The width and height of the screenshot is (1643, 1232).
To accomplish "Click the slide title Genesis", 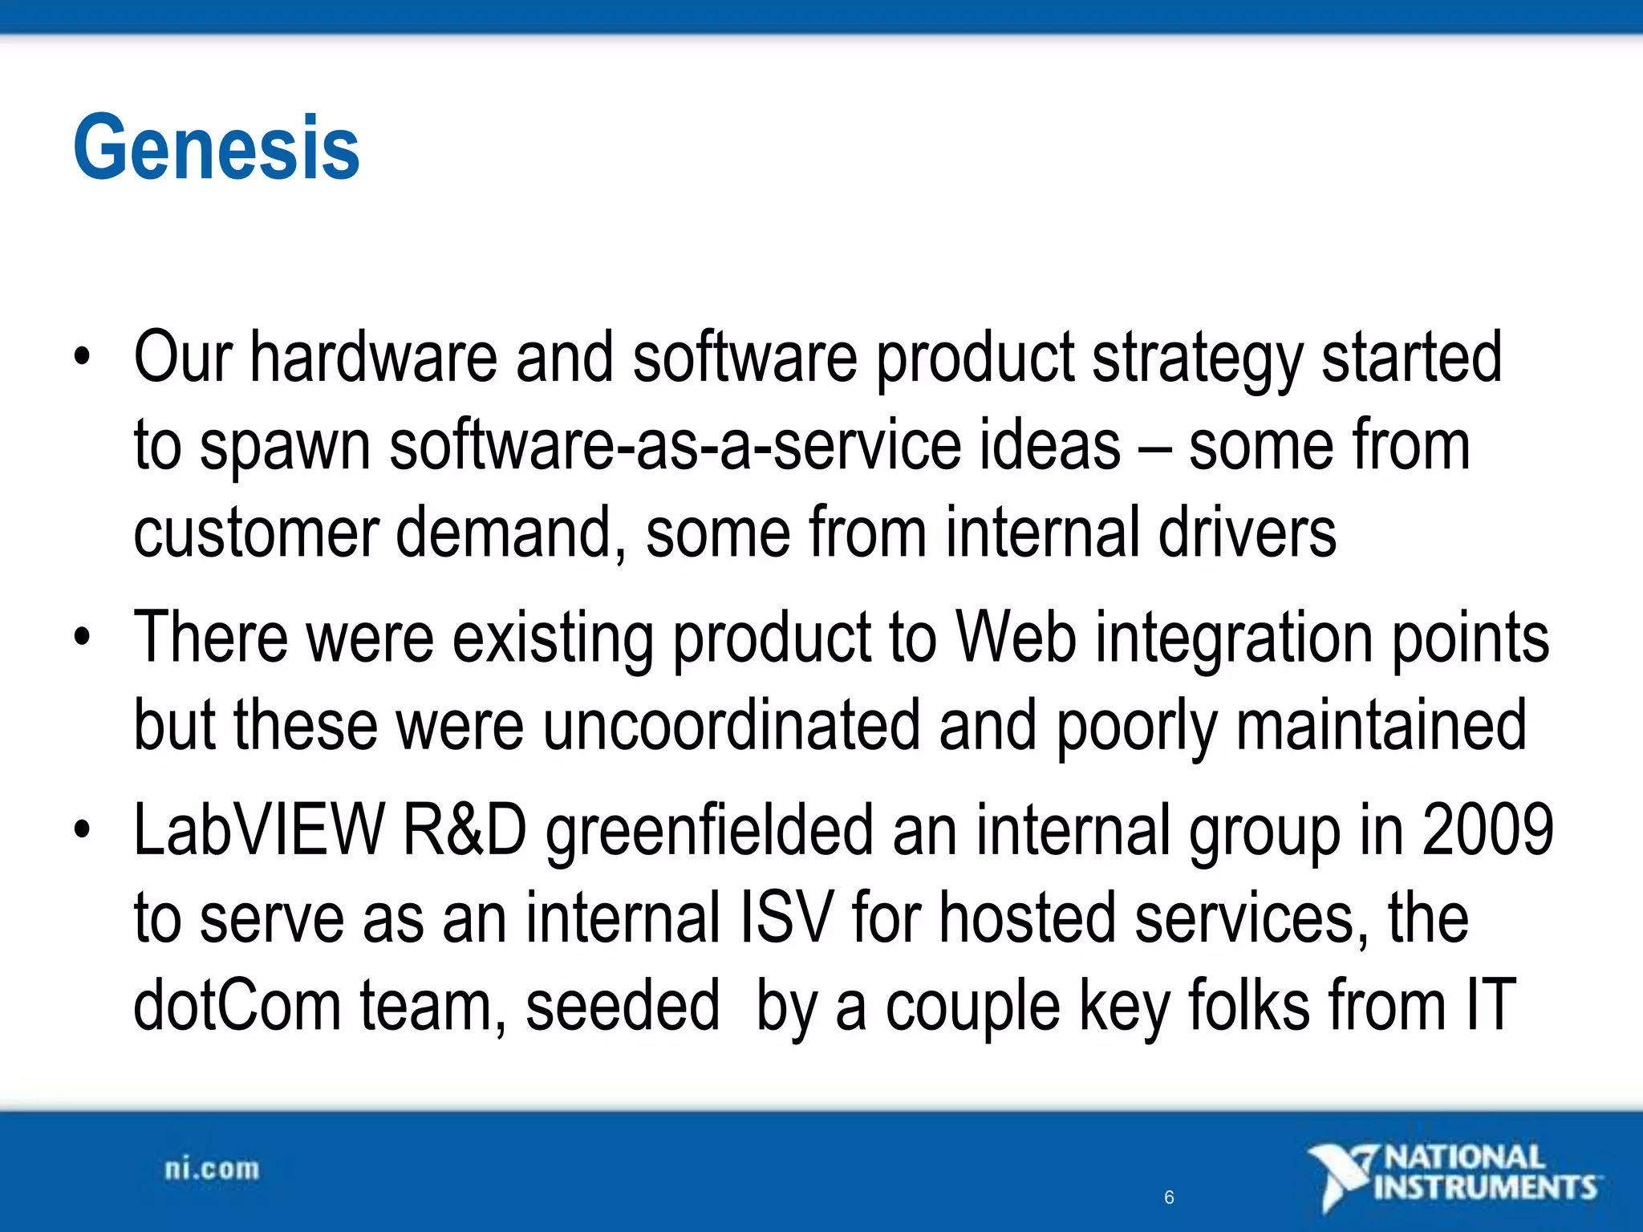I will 217,148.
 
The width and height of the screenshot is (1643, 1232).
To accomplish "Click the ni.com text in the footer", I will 212,1169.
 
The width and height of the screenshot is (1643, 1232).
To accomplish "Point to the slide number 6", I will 1169,1198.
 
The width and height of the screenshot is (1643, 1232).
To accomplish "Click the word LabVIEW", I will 258,830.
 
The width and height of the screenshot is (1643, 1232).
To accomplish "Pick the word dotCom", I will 237,1006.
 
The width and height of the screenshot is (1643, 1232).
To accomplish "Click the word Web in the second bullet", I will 1016,638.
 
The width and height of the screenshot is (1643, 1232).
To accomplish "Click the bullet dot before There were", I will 82,638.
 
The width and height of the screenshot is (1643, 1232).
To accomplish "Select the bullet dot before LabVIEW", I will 82,830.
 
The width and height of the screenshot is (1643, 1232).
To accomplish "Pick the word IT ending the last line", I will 1491,1006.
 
